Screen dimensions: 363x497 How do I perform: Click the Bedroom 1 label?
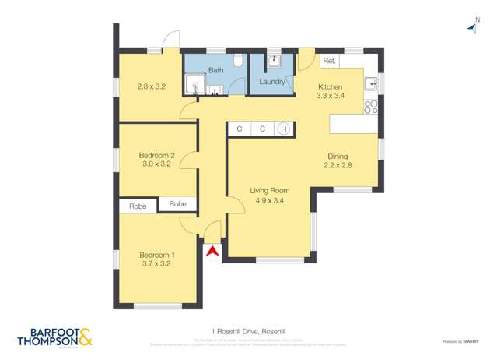(156, 255)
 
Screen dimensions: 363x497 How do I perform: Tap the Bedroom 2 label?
(156, 155)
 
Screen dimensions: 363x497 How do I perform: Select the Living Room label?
(269, 191)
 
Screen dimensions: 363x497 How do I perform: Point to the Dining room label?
(338, 156)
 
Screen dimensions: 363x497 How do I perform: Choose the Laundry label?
(271, 80)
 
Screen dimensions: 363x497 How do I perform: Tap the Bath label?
(215, 70)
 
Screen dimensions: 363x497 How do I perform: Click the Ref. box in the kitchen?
(328, 61)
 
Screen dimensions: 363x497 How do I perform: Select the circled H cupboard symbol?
(284, 129)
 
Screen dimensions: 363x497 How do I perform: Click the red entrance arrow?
(211, 250)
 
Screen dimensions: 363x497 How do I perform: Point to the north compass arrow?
(471, 28)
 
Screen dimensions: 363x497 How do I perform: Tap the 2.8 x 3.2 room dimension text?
(151, 86)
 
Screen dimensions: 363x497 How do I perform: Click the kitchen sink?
(371, 82)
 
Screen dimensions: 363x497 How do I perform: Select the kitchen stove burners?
(371, 104)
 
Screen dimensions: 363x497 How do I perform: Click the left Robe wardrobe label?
(138, 206)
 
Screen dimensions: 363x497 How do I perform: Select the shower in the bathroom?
(193, 86)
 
